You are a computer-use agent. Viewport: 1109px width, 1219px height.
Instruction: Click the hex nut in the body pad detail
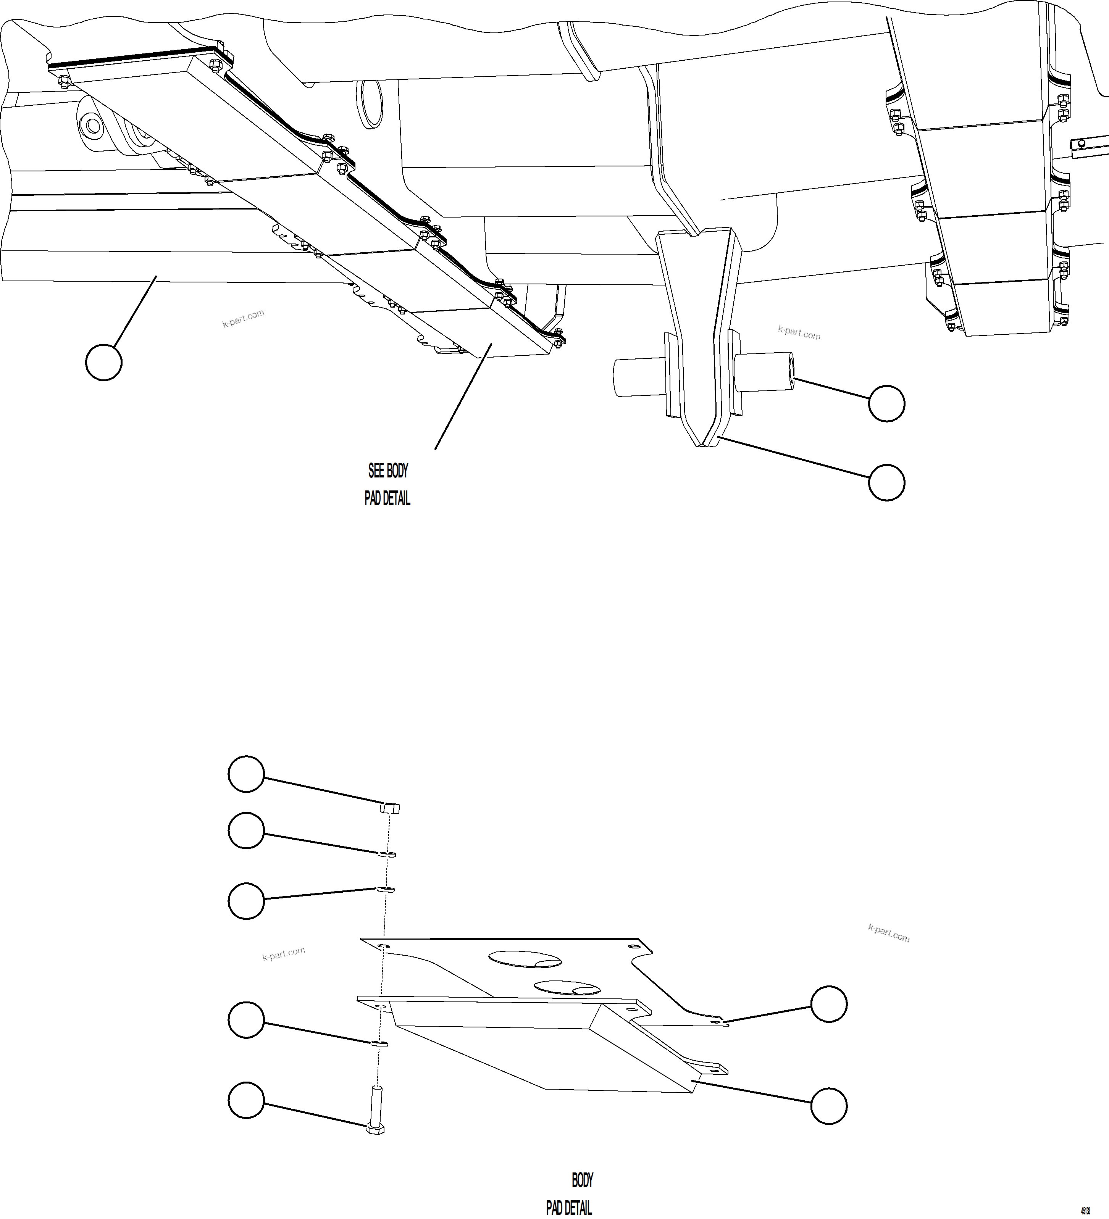pos(390,808)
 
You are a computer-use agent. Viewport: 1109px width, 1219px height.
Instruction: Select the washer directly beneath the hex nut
pos(387,855)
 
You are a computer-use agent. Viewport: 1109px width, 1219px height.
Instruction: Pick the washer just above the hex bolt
pos(379,1043)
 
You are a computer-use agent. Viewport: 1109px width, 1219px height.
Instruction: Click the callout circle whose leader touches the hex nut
pos(246,774)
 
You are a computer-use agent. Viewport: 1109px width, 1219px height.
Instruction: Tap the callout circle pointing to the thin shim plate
pos(828,1005)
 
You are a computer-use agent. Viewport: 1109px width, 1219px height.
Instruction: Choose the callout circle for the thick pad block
pos(828,1106)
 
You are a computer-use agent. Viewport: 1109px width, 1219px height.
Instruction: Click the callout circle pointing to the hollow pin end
pos(886,403)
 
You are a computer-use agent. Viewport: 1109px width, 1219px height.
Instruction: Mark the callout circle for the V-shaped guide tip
pos(886,482)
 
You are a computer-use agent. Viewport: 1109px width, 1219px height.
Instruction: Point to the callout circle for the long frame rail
pos(104,362)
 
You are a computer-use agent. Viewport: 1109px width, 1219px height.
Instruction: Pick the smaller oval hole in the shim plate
pos(567,988)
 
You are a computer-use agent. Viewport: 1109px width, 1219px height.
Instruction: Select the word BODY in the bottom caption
pos(582,1180)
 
